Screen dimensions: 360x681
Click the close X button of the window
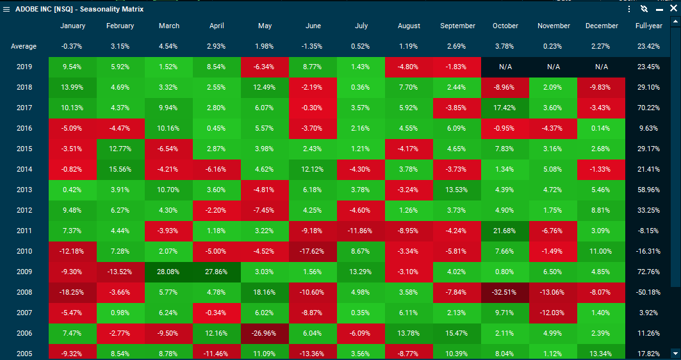tap(673, 9)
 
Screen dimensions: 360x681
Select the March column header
tap(169, 26)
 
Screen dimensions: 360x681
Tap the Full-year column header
tap(648, 26)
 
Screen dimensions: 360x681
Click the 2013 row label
tap(24, 190)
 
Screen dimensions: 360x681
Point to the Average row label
tap(24, 46)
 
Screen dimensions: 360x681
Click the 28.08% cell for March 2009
tap(169, 272)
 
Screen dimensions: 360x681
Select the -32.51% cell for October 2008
tap(505, 292)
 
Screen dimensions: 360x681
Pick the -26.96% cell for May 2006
tap(265, 333)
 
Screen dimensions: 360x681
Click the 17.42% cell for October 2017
tap(505, 108)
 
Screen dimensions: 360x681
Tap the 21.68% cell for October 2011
tap(505, 231)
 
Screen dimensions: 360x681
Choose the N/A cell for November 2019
tap(554, 67)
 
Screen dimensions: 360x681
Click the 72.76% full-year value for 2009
tap(648, 272)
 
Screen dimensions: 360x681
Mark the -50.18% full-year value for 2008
tap(648, 292)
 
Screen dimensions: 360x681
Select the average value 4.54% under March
tap(169, 46)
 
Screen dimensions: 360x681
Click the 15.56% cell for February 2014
tap(120, 169)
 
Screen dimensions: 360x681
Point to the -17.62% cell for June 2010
tap(313, 251)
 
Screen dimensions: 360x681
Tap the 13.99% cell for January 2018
tap(73, 87)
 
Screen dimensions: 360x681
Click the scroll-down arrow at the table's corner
tap(675, 353)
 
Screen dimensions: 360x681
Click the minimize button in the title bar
tap(659, 10)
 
